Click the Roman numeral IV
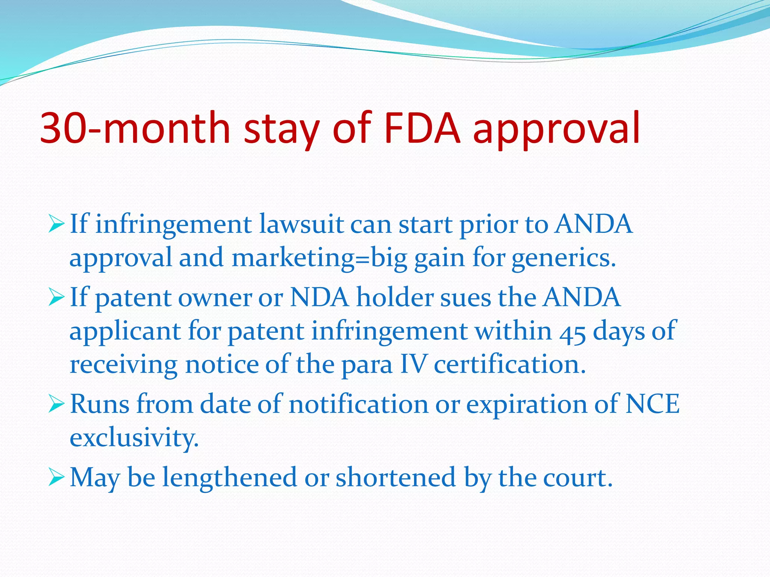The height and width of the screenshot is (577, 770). (414, 364)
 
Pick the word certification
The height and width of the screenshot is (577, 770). (510, 364)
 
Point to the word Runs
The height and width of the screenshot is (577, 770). (100, 405)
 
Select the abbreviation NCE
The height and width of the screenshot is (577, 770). (652, 405)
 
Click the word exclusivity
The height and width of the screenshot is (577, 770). (134, 438)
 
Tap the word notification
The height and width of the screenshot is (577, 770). (359, 405)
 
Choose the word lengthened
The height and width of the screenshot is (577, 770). (229, 478)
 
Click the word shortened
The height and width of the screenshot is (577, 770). (396, 478)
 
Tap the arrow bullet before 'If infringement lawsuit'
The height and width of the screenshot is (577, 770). (56, 225)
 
